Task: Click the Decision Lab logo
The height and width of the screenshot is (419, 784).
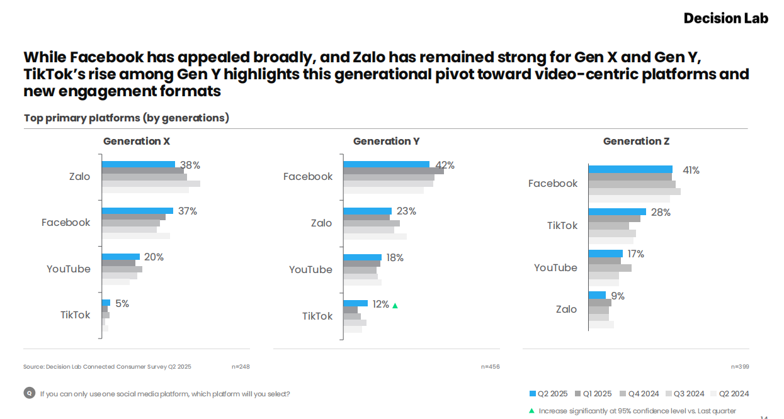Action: pos(725,18)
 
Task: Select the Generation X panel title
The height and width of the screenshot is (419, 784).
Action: pos(137,141)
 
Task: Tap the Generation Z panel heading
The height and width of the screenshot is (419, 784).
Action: pos(636,141)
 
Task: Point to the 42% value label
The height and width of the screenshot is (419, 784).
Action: pos(445,165)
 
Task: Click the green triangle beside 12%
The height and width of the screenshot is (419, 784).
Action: pos(395,305)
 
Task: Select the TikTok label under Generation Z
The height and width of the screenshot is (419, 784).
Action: pos(562,225)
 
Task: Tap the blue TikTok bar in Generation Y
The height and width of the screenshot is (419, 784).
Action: pos(355,303)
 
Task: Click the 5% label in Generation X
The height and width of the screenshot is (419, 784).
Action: pos(122,303)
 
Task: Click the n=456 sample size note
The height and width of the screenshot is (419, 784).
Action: pos(490,366)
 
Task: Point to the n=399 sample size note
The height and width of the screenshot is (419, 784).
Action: pos(740,366)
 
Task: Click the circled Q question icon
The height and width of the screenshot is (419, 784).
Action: pos(29,393)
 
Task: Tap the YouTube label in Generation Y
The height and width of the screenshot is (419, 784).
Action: pos(310,269)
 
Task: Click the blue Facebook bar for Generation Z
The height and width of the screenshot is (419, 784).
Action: pos(630,169)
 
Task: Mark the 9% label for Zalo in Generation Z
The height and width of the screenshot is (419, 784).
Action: pos(617,296)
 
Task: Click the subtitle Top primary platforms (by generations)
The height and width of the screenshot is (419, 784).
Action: pos(127,118)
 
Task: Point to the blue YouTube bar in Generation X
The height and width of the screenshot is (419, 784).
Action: pos(121,257)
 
